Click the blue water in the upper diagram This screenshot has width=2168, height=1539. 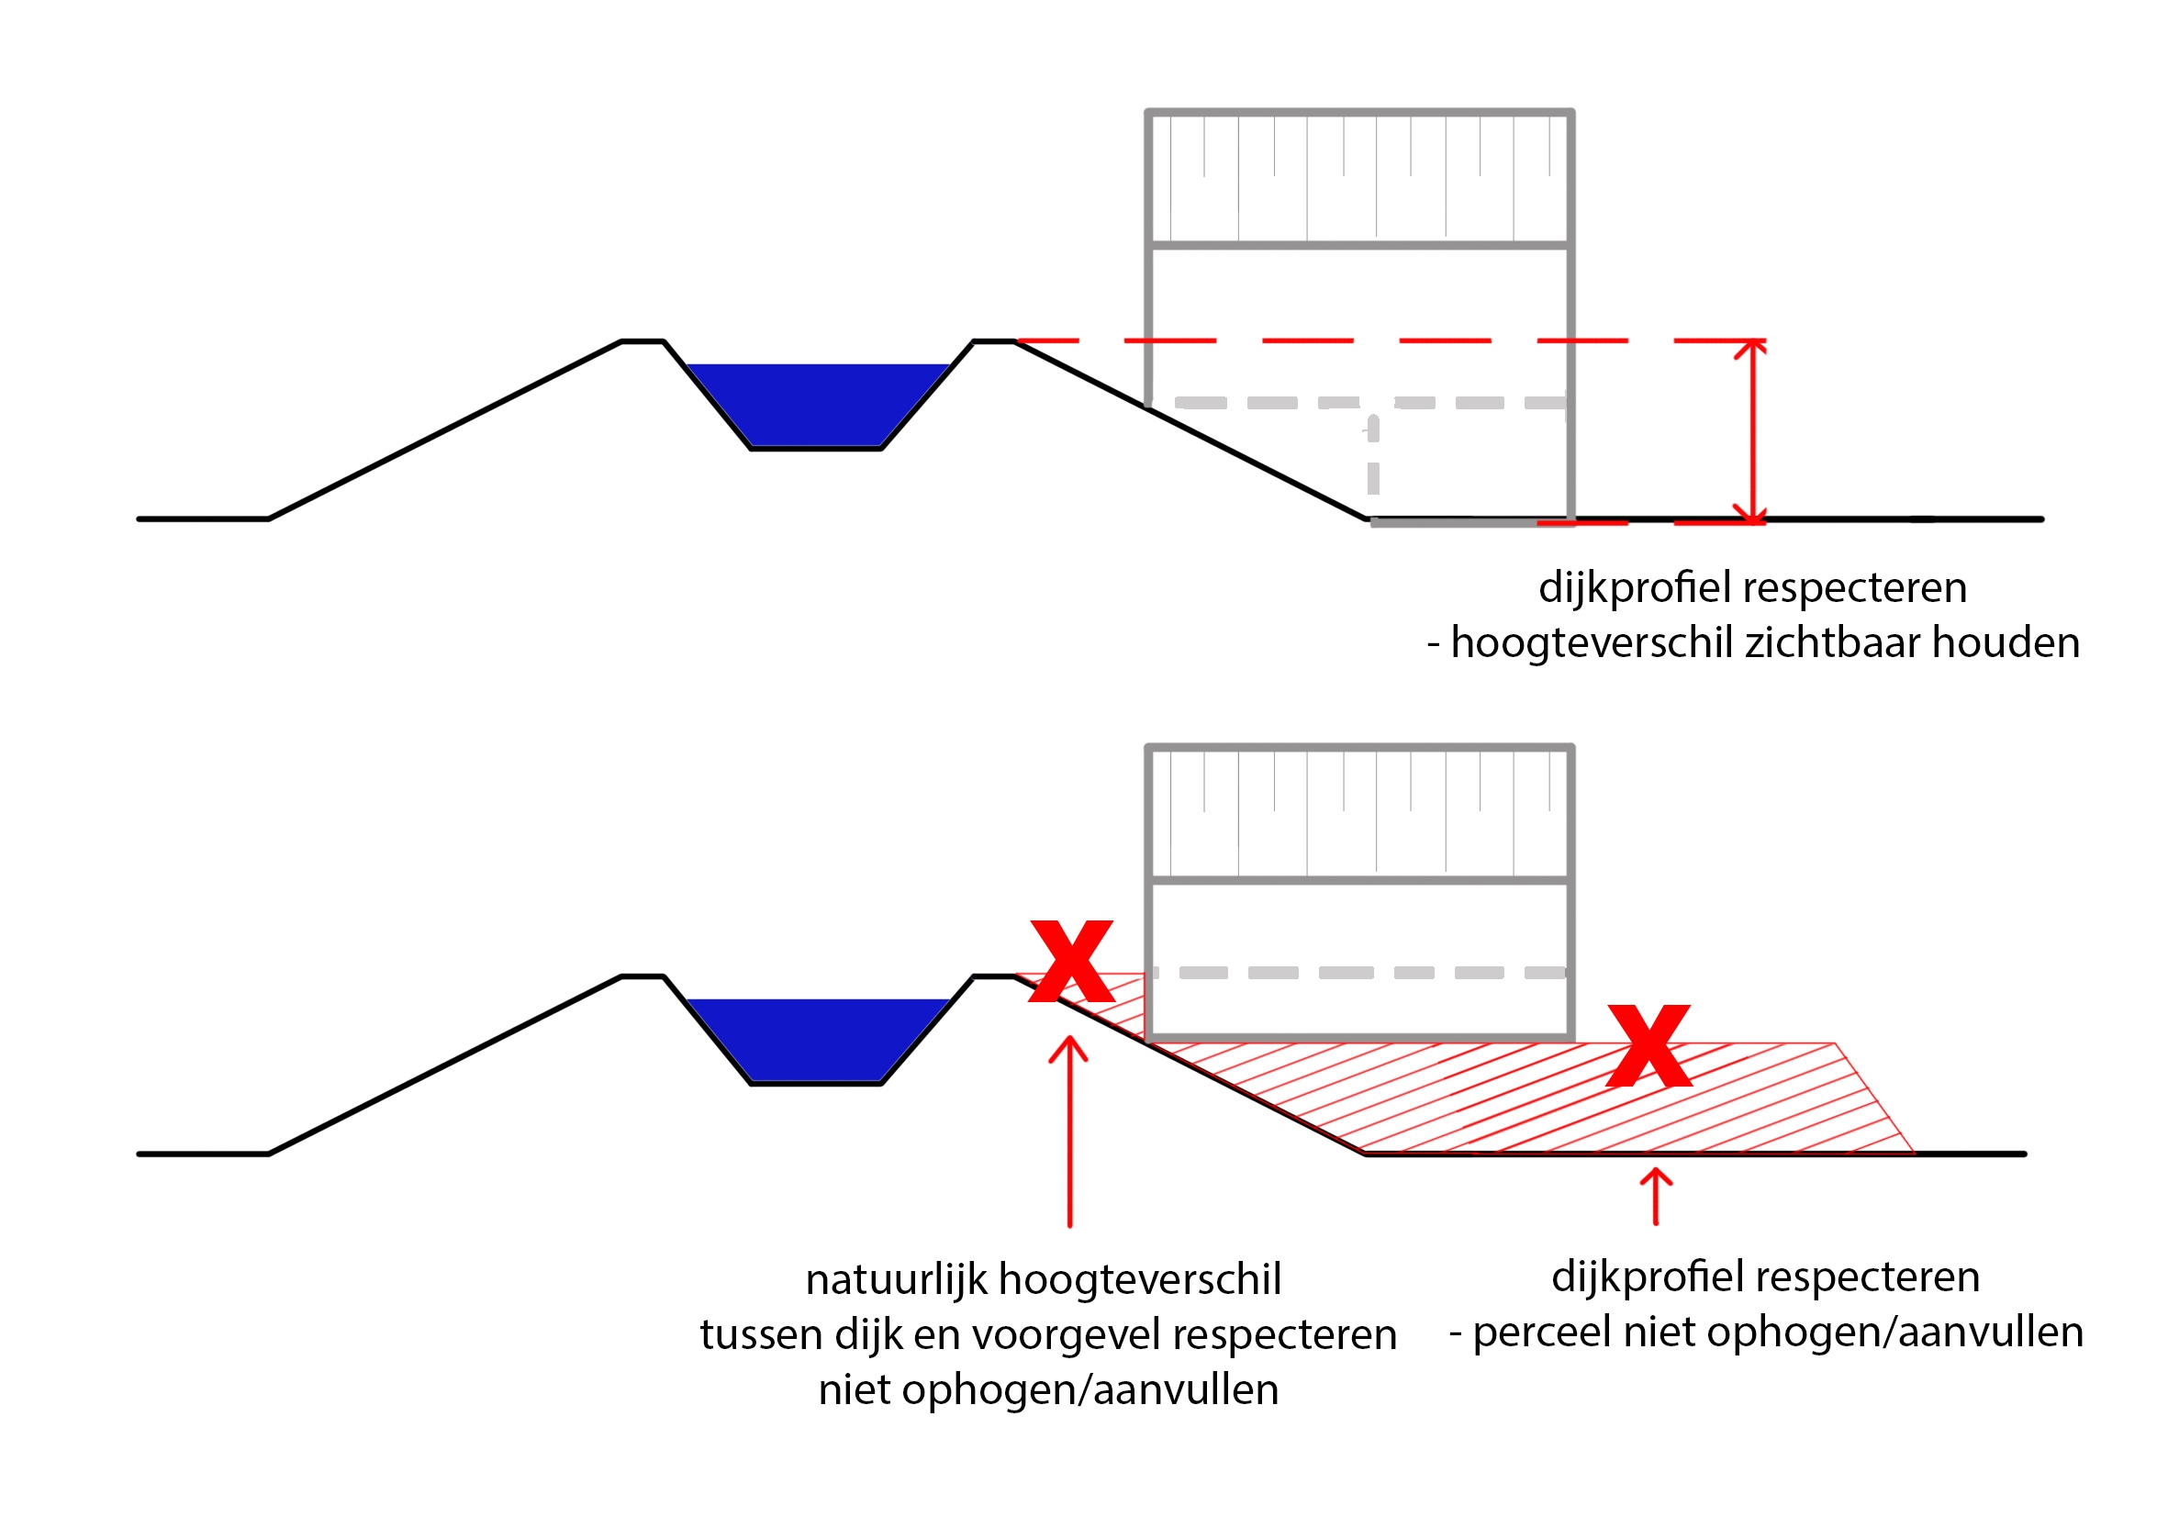[815, 403]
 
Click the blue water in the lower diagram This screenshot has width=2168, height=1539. [815, 1038]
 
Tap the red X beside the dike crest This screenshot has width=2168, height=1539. [1071, 961]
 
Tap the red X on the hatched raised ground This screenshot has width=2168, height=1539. [1649, 1046]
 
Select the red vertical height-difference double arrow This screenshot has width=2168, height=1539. [1752, 430]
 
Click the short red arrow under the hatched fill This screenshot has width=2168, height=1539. [1656, 1197]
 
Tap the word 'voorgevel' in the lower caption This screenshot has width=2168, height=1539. [1071, 1335]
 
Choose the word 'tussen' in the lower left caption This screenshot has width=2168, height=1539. [761, 1335]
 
